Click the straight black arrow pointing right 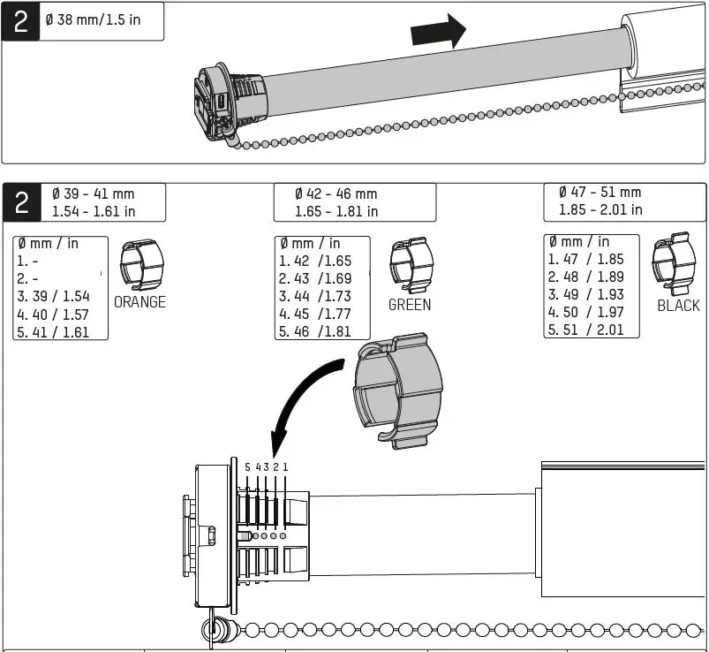tap(439, 34)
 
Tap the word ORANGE tap(140, 302)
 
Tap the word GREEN tap(410, 305)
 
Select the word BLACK tap(678, 306)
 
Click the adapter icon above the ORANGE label tap(141, 263)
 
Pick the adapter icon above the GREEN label tap(411, 264)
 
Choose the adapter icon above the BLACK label tap(675, 262)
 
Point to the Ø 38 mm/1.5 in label tap(98, 19)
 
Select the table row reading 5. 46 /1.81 tap(315, 332)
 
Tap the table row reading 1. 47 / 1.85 tap(585, 259)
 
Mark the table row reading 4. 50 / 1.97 tap(585, 312)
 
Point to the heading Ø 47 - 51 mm tap(600, 192)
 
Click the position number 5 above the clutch tap(247, 466)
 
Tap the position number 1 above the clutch tap(285, 466)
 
